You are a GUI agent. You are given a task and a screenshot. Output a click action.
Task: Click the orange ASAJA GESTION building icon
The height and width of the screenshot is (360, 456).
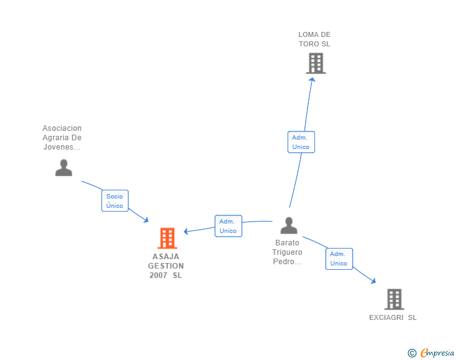point(167,238)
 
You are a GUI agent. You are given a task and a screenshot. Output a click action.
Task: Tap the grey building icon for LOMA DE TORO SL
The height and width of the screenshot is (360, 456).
point(316,63)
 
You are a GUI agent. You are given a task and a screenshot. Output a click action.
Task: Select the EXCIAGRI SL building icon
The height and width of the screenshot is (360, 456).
point(395,299)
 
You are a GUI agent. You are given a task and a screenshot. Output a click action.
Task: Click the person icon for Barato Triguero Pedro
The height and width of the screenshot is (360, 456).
point(289,225)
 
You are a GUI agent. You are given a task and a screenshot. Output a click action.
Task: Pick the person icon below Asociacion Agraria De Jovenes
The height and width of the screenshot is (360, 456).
point(64,168)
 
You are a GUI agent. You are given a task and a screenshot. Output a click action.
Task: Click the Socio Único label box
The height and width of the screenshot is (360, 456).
point(115,200)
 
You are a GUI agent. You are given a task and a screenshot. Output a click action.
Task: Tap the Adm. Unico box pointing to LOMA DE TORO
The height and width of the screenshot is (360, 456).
point(301,142)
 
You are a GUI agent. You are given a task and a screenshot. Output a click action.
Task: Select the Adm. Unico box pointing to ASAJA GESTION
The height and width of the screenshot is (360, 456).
point(228,226)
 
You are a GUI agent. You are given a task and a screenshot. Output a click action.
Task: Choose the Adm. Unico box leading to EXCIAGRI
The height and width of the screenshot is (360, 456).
point(339,259)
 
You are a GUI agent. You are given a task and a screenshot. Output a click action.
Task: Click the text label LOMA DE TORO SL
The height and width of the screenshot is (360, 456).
point(314,39)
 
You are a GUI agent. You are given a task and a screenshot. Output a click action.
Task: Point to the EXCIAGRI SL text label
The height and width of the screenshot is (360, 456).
point(393,317)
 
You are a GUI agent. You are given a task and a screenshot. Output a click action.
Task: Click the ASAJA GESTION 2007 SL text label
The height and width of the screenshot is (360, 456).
point(166,266)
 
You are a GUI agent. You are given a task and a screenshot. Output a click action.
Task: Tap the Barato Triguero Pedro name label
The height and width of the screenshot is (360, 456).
point(288,252)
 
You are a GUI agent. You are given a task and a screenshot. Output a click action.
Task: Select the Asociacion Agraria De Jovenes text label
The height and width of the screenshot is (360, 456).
point(62,138)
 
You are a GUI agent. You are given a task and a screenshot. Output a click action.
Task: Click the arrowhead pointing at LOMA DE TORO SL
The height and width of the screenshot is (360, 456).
point(312,80)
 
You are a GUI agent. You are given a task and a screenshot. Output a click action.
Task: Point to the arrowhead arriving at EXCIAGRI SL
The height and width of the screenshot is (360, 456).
point(373,280)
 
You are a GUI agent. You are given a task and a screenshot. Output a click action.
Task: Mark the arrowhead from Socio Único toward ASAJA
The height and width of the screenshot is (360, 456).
point(146,220)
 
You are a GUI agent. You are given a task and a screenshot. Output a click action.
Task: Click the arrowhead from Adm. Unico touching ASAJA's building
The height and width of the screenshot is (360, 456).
point(186,232)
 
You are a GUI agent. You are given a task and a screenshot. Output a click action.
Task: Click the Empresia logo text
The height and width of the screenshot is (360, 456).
point(437,352)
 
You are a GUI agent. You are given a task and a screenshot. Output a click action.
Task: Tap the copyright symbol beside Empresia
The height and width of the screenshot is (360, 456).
point(412,353)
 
